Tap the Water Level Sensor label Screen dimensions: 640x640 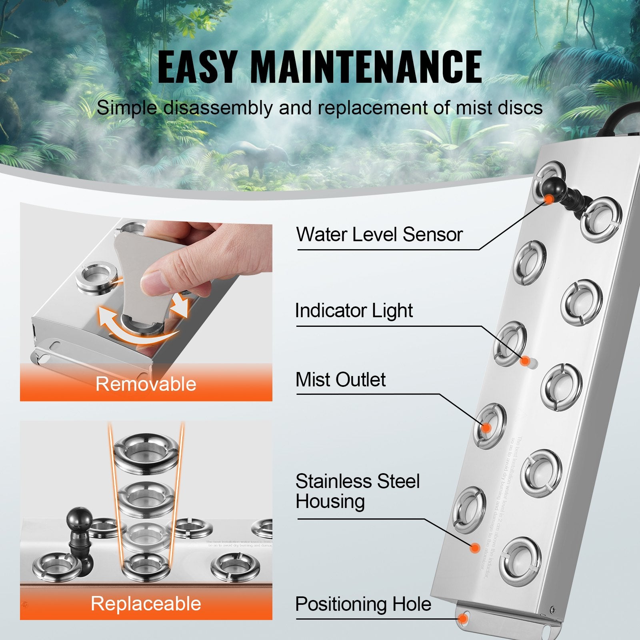pyautogui.click(x=379, y=234)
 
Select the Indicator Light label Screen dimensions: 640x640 pyautogui.click(x=354, y=311)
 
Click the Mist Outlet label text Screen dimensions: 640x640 pyautogui.click(x=340, y=380)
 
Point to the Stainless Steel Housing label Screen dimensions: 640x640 pyautogui.click(x=357, y=491)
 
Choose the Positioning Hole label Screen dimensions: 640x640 pyautogui.click(x=363, y=604)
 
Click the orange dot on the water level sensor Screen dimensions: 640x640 pyautogui.click(x=550, y=199)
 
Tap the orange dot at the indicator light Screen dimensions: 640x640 pyautogui.click(x=525, y=361)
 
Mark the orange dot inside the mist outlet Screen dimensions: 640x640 pyautogui.click(x=486, y=428)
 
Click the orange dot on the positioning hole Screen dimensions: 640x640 pyautogui.click(x=463, y=619)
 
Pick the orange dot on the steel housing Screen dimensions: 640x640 pyautogui.click(x=475, y=548)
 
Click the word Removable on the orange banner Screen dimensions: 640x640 pyautogui.click(x=146, y=384)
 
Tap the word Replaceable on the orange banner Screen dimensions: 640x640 pyautogui.click(x=146, y=604)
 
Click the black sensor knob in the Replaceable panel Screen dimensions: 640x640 pyautogui.click(x=79, y=520)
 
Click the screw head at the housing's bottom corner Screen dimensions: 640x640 pyautogui.click(x=552, y=610)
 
